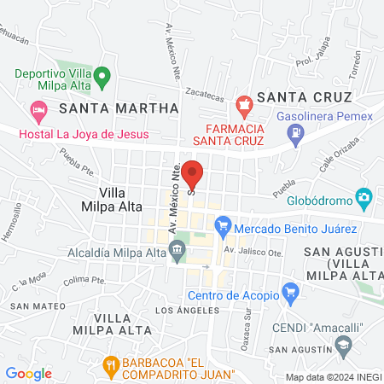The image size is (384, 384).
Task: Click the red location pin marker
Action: pos(192,174)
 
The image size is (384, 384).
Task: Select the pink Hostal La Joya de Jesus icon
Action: pos(38,111)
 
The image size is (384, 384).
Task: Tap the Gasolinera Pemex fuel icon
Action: pos(295,132)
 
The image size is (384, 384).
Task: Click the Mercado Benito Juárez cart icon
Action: pos(224,226)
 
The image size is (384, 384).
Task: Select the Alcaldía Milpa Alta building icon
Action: pos(177,249)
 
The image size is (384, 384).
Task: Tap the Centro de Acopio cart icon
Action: pos(292,295)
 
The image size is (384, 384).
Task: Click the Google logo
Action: pos(28,374)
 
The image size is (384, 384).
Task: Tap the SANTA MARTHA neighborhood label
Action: pos(119,108)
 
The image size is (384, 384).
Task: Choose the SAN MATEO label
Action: pos(32,305)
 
